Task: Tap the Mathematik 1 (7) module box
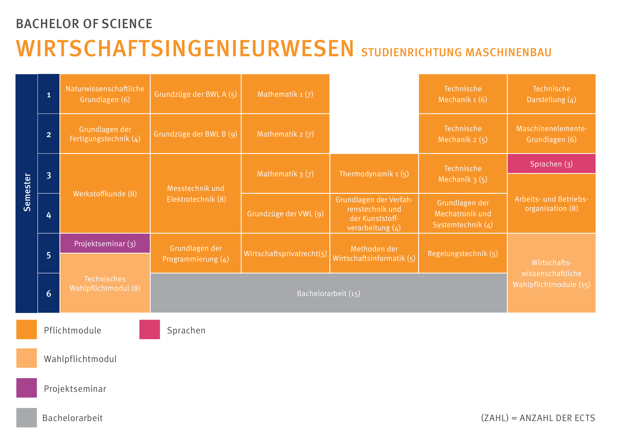pyautogui.click(x=285, y=94)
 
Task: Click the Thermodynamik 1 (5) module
pyautogui.click(x=374, y=174)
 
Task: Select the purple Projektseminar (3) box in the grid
pyautogui.click(x=105, y=243)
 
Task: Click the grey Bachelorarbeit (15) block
pyautogui.click(x=328, y=293)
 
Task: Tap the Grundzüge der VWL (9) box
pyautogui.click(x=285, y=213)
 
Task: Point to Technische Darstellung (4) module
pyautogui.click(x=551, y=94)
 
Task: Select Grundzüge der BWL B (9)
pyautogui.click(x=195, y=134)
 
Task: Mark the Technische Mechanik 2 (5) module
pyautogui.click(x=462, y=134)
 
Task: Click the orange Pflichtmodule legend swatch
pyautogui.click(x=26, y=329)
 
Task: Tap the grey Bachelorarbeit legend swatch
pyautogui.click(x=26, y=417)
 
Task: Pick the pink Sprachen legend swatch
pyautogui.click(x=149, y=329)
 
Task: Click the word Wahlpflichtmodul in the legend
pyautogui.click(x=80, y=359)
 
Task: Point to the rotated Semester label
pyautogui.click(x=27, y=193)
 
